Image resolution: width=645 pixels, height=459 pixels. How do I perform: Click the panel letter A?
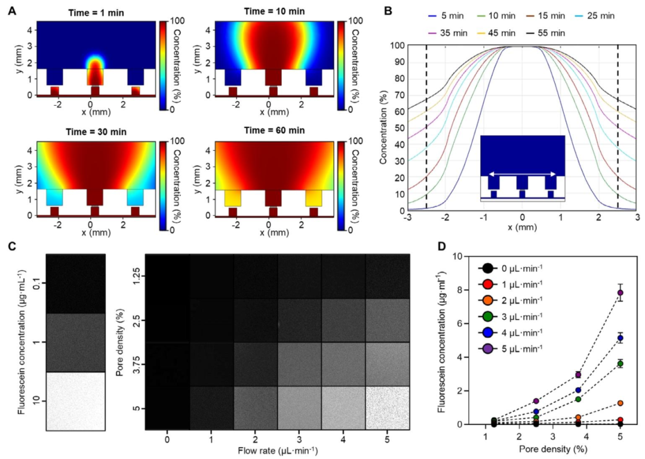pyautogui.click(x=11, y=10)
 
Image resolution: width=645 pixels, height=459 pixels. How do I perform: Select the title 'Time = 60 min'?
pyautogui.click(x=269, y=131)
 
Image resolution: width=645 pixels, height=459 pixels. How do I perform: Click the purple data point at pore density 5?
pyautogui.click(x=621, y=293)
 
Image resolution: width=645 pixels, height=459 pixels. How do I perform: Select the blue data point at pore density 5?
pyautogui.click(x=621, y=338)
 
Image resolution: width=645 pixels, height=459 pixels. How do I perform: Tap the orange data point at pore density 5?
pyautogui.click(x=621, y=403)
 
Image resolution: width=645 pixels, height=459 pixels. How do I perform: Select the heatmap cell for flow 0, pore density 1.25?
pyautogui.click(x=168, y=276)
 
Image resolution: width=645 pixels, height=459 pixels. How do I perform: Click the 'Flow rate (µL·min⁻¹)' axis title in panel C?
pyautogui.click(x=277, y=451)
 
